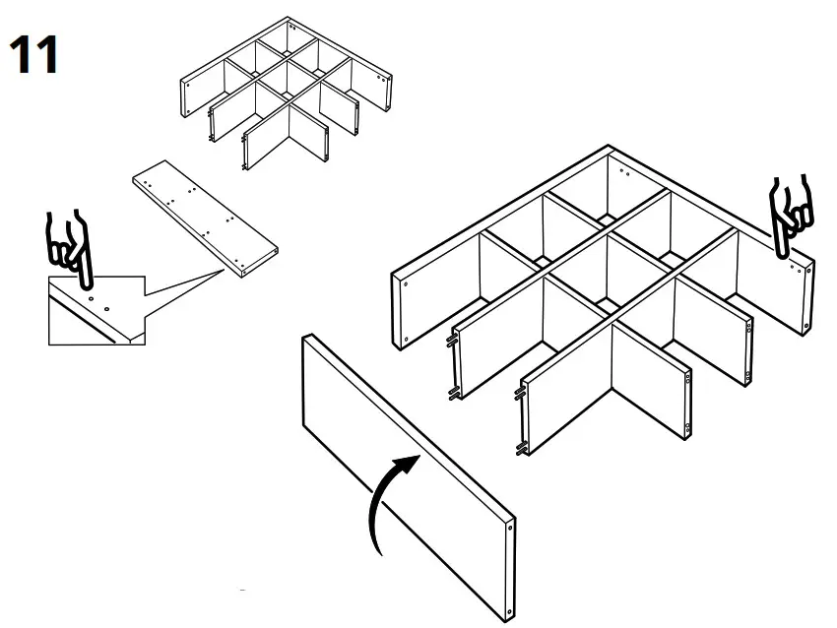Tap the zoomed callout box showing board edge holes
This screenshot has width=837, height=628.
(97, 310)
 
